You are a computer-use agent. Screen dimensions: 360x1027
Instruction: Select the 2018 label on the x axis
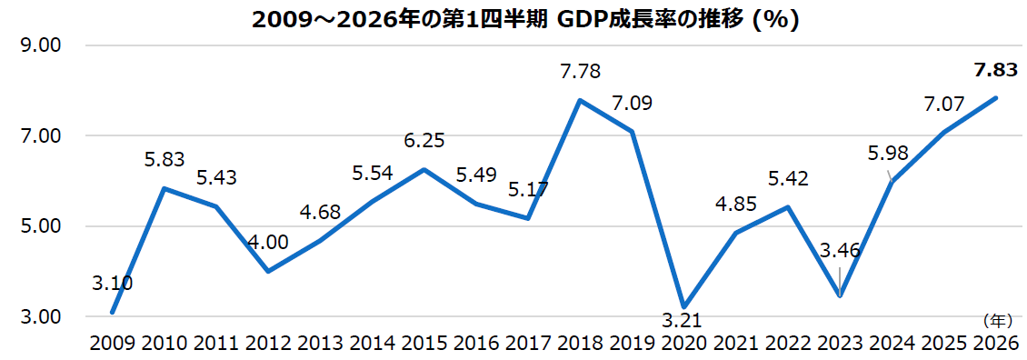pos(581,344)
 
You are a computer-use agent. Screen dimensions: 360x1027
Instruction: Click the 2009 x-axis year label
pos(112,344)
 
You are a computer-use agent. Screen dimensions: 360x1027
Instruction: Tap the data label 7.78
pos(580,71)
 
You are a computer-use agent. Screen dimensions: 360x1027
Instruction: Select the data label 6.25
pos(425,141)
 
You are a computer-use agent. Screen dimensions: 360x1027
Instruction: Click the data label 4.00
pos(267,242)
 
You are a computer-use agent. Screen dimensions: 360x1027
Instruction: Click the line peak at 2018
pos(580,100)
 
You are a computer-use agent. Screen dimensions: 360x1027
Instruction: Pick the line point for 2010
pos(164,188)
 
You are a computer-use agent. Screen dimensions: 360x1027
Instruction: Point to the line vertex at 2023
pos(841,295)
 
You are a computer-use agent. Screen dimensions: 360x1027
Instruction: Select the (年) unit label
pos(997,320)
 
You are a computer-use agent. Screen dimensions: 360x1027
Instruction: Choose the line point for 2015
pos(424,170)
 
